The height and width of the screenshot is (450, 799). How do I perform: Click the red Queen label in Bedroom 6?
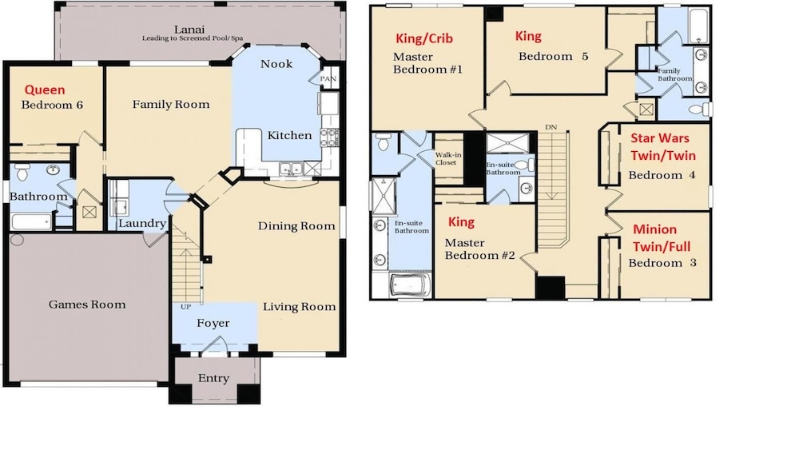click(x=45, y=90)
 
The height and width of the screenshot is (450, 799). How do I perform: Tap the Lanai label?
click(x=189, y=30)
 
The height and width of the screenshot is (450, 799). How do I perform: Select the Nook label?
click(x=276, y=64)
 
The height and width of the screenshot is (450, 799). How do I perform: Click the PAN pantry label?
click(x=328, y=78)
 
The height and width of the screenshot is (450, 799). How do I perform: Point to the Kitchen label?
click(x=289, y=135)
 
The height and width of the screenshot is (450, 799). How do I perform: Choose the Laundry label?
click(x=142, y=223)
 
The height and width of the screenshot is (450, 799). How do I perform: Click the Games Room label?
click(x=87, y=305)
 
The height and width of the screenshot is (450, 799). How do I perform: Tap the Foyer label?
click(x=213, y=323)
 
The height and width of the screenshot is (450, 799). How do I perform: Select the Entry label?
click(x=213, y=378)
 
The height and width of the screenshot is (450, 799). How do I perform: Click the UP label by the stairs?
click(x=185, y=307)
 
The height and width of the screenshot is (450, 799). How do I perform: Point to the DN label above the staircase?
click(x=551, y=127)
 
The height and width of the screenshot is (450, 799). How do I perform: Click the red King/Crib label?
click(x=424, y=38)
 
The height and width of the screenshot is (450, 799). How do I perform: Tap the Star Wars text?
click(x=660, y=138)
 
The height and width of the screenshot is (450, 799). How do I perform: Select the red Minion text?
click(x=655, y=229)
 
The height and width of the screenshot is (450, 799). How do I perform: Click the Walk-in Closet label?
click(x=448, y=158)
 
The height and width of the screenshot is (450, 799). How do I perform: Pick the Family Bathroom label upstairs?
click(x=674, y=75)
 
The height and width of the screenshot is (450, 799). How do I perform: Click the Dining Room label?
click(x=296, y=225)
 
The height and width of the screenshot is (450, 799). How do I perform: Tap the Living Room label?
click(x=300, y=307)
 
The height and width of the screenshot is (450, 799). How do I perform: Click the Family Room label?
click(x=171, y=105)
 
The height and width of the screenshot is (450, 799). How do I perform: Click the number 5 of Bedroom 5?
click(x=585, y=56)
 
